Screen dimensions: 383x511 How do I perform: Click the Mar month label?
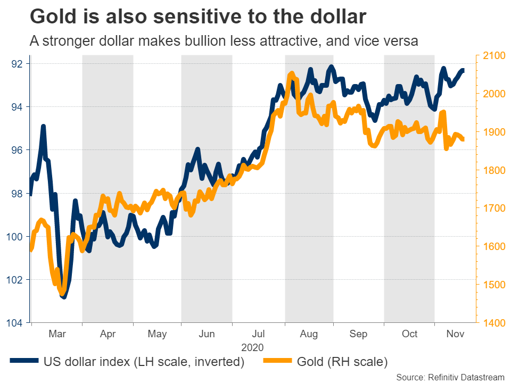pyautogui.click(x=57, y=334)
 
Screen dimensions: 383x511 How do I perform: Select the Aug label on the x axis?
pyautogui.click(x=309, y=334)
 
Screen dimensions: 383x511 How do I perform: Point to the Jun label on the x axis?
pyautogui.click(x=207, y=334)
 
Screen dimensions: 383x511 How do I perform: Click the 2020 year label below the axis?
pyautogui.click(x=252, y=347)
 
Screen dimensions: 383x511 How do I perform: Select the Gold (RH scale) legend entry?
pyautogui.click(x=340, y=362)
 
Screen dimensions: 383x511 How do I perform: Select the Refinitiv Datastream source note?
pyautogui.click(x=450, y=377)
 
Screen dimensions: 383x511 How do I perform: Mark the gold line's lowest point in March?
pyautogui.click(x=63, y=294)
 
